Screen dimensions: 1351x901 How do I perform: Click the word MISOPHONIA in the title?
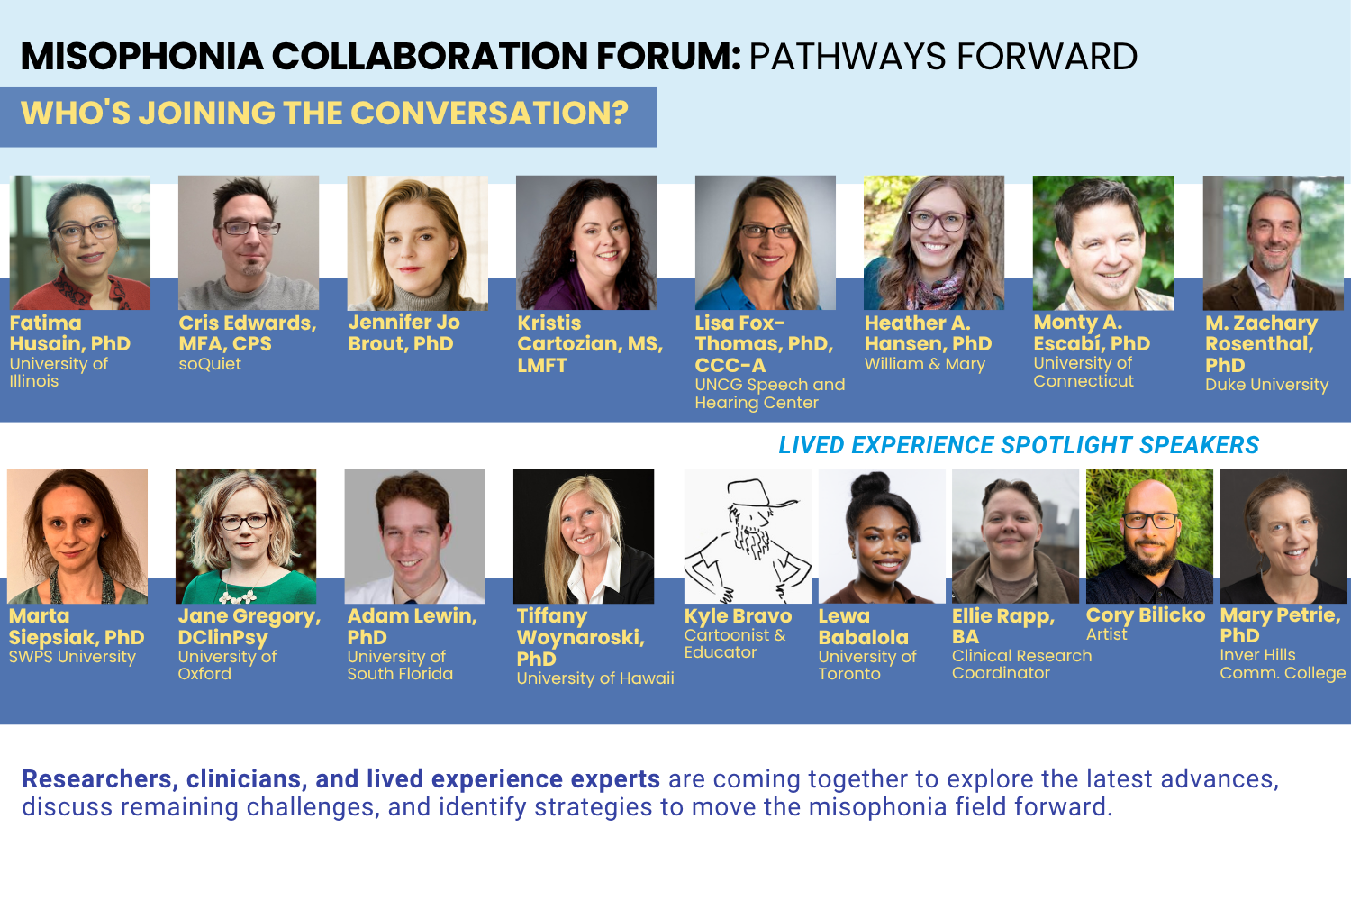(x=141, y=57)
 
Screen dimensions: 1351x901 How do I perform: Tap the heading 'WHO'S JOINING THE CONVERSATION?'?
(x=324, y=113)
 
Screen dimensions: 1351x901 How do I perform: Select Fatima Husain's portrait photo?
(x=80, y=242)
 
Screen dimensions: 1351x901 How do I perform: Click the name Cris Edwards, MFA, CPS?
(x=248, y=333)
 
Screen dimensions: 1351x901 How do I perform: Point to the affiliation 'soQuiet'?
(x=210, y=364)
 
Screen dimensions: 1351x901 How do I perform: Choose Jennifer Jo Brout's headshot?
(x=417, y=242)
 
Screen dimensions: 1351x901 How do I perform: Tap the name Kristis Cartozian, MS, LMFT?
(x=590, y=344)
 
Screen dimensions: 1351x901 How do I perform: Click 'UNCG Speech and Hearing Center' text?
(x=769, y=394)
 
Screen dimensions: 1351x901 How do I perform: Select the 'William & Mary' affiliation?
(x=925, y=364)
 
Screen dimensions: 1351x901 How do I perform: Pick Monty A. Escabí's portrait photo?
(x=1103, y=242)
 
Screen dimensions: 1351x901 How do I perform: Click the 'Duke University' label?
(x=1266, y=385)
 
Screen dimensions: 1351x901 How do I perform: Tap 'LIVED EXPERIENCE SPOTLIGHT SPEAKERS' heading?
(x=1019, y=445)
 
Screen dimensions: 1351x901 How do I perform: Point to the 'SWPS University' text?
(x=72, y=657)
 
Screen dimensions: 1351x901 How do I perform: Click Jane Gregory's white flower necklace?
(x=240, y=596)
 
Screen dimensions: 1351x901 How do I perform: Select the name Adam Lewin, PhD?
(x=412, y=626)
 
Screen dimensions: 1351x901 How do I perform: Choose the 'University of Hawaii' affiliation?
(x=595, y=678)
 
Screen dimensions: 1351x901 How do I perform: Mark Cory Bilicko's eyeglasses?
(x=1150, y=520)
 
